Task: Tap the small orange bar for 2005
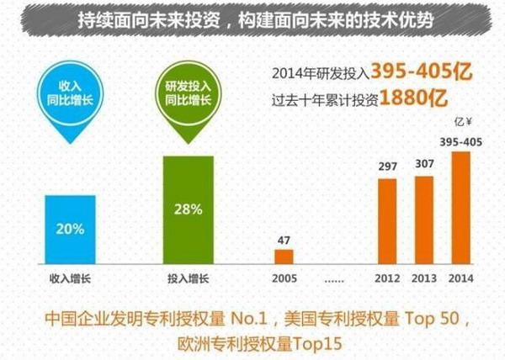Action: pyautogui.click(x=284, y=256)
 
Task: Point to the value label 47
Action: pyautogui.click(x=284, y=240)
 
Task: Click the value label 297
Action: pyautogui.click(x=387, y=167)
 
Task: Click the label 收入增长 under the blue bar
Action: pyautogui.click(x=70, y=277)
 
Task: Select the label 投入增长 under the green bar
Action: pyautogui.click(x=188, y=277)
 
